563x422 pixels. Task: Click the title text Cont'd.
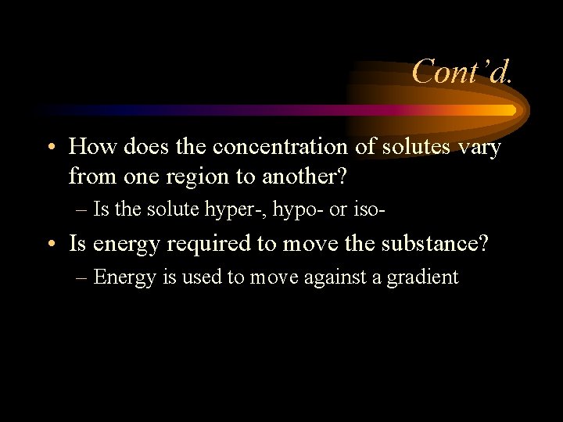point(463,72)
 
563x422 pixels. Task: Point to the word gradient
point(424,277)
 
